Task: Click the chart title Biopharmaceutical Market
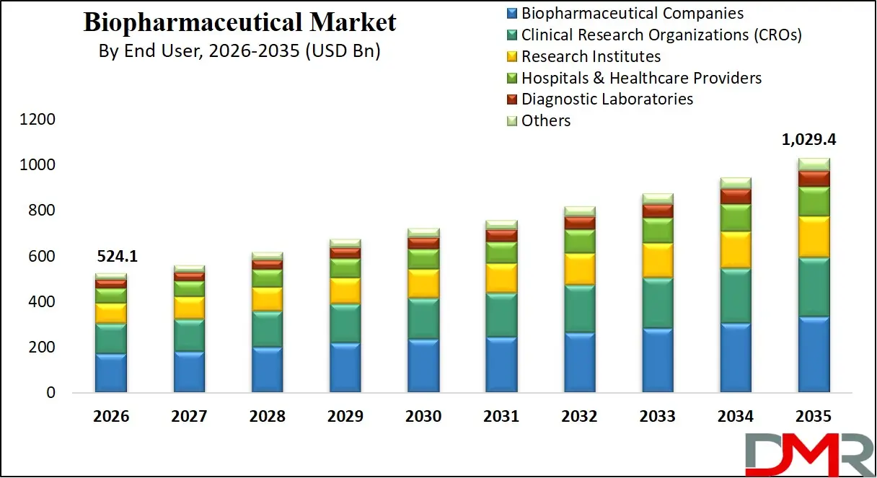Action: pos(239,22)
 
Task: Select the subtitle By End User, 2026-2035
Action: pos(239,52)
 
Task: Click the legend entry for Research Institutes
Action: pos(591,56)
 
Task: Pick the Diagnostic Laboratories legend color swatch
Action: pos(512,99)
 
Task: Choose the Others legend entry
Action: pos(546,120)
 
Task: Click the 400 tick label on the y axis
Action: pos(40,302)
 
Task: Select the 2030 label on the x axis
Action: pos(423,417)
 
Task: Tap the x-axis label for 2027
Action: pos(189,417)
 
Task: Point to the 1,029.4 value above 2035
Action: pos(814,140)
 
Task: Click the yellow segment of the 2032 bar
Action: pos(580,269)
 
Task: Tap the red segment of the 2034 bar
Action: pos(736,197)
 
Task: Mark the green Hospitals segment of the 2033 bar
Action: pos(658,231)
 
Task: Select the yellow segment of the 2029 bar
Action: pos(345,291)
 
